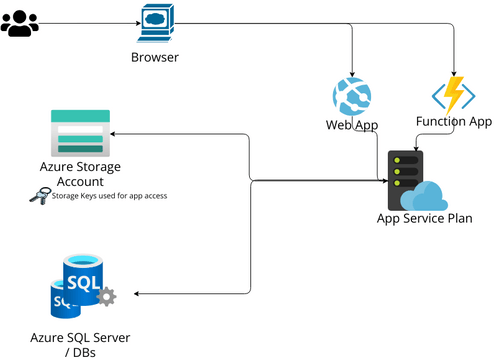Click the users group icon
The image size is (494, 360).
19,24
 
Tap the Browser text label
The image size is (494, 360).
155,57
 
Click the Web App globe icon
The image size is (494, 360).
352,97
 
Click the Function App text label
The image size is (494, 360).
454,122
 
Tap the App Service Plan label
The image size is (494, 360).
424,218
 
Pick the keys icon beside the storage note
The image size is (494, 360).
41,195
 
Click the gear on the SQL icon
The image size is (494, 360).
106,296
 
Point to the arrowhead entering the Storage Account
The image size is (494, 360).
114,133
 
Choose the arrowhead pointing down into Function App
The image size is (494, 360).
456,72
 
